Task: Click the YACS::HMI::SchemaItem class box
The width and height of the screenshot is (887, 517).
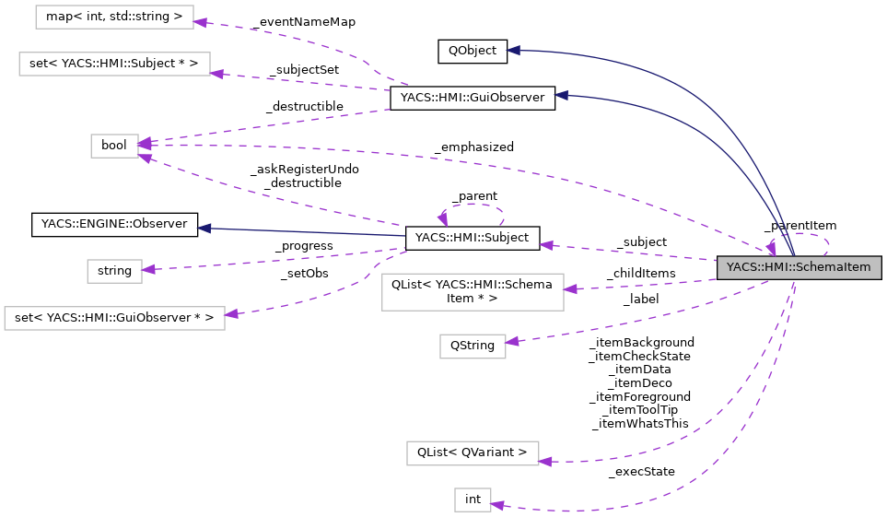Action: (799, 267)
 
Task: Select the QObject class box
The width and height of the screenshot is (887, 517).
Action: (472, 51)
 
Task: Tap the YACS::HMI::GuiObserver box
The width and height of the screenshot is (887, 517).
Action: (472, 98)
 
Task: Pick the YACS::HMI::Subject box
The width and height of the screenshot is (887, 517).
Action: (472, 238)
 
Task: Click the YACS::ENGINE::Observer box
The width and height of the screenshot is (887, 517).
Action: (114, 223)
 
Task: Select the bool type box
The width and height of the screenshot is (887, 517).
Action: (114, 146)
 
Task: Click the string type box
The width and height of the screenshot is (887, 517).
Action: (114, 271)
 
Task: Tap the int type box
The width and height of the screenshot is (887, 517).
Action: (473, 499)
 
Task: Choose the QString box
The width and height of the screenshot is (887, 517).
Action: (472, 346)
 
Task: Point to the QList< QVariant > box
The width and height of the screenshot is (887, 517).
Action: (472, 452)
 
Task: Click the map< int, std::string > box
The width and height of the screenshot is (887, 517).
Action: (114, 17)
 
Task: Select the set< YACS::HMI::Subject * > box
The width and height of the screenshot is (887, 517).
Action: (114, 64)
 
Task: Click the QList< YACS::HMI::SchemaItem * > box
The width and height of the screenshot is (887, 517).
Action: (472, 292)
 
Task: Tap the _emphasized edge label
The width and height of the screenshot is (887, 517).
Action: (473, 147)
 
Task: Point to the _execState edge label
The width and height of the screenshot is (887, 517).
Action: (641, 472)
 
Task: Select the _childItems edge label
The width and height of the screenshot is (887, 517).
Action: (640, 274)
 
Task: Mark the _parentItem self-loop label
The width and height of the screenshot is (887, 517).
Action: (799, 225)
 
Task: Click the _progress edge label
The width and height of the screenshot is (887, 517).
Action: (304, 246)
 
